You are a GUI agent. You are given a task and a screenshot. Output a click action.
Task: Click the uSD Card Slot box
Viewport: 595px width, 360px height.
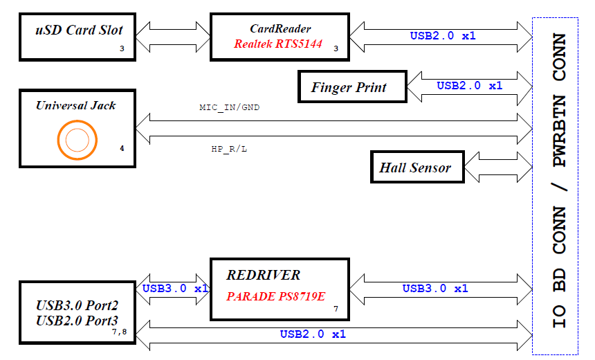pyautogui.click(x=78, y=35)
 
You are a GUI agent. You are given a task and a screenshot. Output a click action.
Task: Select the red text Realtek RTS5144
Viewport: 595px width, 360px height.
pyautogui.click(x=277, y=43)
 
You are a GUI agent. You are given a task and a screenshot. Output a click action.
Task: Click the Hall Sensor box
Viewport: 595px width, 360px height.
pyautogui.click(x=415, y=168)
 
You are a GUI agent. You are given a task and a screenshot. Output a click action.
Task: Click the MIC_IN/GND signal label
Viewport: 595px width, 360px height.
pyautogui.click(x=230, y=108)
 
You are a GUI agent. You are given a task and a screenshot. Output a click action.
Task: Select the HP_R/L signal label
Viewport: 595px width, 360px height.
pyautogui.click(x=229, y=149)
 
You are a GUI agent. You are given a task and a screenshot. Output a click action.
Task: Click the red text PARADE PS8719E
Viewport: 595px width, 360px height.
pyautogui.click(x=275, y=296)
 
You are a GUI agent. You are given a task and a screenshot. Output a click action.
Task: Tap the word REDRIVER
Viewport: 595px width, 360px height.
pyautogui.click(x=264, y=275)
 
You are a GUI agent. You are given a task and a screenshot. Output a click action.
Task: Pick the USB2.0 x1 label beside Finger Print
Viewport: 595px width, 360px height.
pyautogui.click(x=469, y=86)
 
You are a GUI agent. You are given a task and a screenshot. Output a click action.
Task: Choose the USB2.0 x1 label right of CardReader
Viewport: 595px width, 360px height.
pyautogui.click(x=443, y=35)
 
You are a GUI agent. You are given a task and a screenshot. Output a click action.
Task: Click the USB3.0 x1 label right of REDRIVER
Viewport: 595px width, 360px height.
pyautogui.click(x=435, y=288)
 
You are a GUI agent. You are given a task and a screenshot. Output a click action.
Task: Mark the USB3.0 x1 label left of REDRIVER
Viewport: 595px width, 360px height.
pyautogui.click(x=175, y=288)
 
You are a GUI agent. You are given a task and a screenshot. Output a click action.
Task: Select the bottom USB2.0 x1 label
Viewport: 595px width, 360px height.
pyautogui.click(x=313, y=334)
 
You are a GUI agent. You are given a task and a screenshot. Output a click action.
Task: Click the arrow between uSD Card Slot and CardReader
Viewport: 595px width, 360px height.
pyautogui.click(x=173, y=35)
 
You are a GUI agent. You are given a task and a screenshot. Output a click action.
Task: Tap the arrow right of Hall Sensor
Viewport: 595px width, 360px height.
pyautogui.click(x=497, y=168)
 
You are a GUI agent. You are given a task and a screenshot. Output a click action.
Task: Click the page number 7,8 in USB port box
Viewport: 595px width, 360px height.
pyautogui.click(x=119, y=332)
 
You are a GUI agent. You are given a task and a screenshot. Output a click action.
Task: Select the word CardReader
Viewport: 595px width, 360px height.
pyautogui.click(x=280, y=29)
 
